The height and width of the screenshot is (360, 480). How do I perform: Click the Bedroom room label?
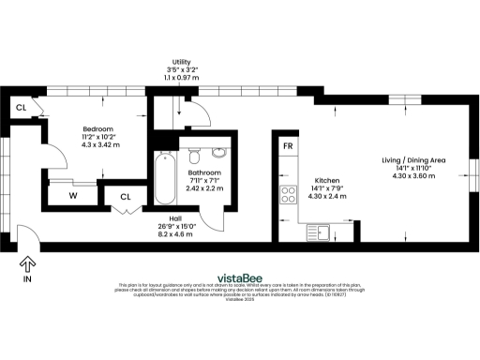click(97, 128)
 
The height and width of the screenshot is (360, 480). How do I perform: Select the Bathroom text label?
click(203, 173)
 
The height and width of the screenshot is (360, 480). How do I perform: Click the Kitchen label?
click(327, 180)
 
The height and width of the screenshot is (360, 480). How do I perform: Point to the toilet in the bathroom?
click(194, 153)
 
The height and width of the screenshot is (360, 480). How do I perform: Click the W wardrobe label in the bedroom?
click(72, 196)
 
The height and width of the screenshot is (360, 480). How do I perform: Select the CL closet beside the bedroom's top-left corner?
click(21, 106)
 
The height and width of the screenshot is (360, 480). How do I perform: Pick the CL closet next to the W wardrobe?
click(125, 196)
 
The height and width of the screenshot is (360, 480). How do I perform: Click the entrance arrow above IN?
click(27, 263)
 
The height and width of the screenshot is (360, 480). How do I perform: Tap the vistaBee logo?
click(239, 277)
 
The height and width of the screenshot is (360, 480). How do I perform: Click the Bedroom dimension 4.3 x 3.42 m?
click(97, 145)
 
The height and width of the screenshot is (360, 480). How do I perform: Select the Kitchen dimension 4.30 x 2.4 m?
click(327, 197)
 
